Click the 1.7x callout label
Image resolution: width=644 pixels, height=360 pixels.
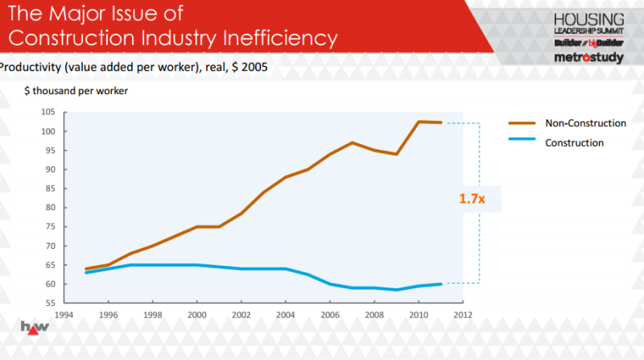[x=472, y=199]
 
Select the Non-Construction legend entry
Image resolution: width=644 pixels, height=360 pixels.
[x=567, y=123]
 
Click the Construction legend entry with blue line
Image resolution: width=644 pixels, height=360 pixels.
[x=555, y=143]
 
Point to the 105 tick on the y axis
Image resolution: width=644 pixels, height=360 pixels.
[x=48, y=112]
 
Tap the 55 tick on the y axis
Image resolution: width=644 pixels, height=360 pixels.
[x=50, y=303]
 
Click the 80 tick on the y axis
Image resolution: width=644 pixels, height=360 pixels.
[x=50, y=208]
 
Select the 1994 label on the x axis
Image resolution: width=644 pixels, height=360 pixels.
[x=64, y=315]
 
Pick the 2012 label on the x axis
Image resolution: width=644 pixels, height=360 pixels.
[x=463, y=315]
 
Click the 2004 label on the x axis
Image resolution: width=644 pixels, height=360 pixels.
[x=286, y=315]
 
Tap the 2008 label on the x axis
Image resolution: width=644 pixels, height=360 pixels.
[x=374, y=315]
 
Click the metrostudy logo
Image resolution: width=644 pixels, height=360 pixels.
[x=589, y=57]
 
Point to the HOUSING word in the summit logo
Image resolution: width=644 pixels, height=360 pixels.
[x=589, y=19]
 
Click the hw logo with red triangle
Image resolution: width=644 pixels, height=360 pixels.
[x=35, y=328]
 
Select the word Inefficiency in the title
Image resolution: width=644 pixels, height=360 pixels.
[x=280, y=38]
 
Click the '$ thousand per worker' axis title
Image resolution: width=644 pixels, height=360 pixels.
[x=76, y=91]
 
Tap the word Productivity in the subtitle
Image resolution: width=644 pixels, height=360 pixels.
[x=30, y=67]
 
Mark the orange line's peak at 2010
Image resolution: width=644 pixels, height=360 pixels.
[x=419, y=122]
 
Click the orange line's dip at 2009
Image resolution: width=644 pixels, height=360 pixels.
[x=396, y=154]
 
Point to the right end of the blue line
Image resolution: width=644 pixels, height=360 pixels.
[x=440, y=284]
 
